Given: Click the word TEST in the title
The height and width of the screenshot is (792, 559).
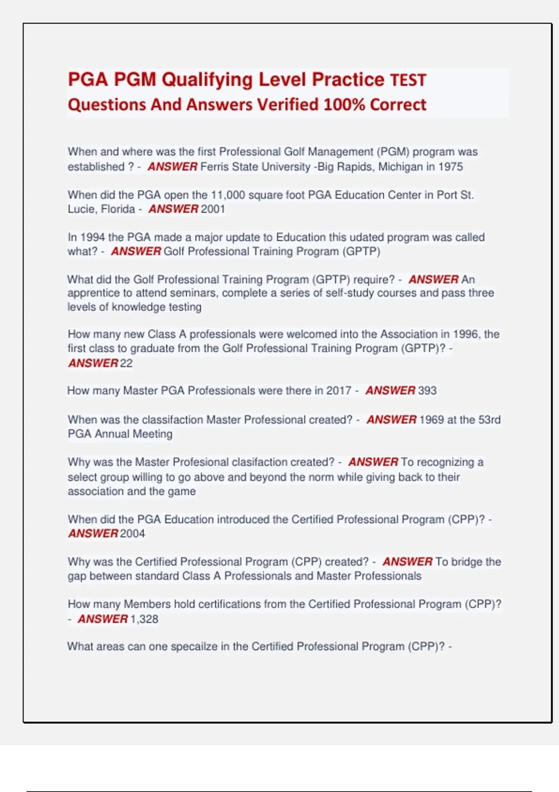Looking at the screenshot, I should (x=408, y=80).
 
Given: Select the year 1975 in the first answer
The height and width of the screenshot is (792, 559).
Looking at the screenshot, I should (x=450, y=167).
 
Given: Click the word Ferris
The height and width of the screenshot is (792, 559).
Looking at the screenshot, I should (x=214, y=167).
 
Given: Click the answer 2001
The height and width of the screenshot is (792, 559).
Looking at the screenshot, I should (x=213, y=209).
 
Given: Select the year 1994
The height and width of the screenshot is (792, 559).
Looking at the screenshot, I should (x=93, y=237).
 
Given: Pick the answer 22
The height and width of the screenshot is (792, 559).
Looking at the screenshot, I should (x=126, y=363).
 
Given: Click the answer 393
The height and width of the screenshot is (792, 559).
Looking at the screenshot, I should (x=427, y=390).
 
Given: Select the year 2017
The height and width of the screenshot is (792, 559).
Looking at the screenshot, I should (x=339, y=390).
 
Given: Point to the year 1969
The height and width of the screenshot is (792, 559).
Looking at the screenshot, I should (x=431, y=420).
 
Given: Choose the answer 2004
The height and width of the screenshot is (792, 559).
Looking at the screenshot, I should (x=132, y=533).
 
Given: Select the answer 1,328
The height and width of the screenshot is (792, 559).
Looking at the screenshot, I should (x=144, y=619).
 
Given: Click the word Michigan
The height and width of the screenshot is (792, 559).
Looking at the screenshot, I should (x=399, y=167).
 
